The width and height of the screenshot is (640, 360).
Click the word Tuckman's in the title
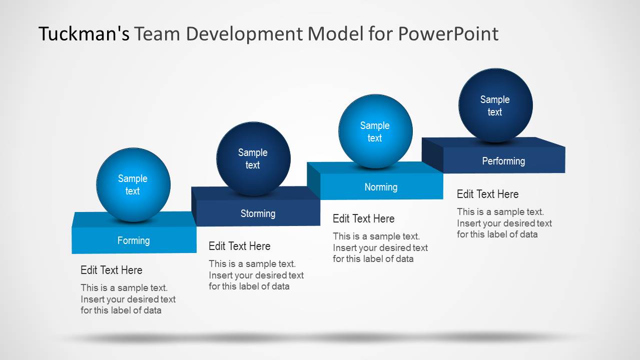click(84, 34)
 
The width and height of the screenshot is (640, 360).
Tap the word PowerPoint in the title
click(448, 34)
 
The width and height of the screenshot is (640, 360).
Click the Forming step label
click(134, 240)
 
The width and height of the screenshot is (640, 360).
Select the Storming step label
click(258, 213)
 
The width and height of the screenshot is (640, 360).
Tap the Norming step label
click(381, 187)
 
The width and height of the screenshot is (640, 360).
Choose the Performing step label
click(503, 161)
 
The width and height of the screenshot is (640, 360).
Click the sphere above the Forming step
click(133, 184)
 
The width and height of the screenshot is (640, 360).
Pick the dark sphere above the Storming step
click(253, 158)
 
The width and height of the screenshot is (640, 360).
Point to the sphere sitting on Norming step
click(375, 131)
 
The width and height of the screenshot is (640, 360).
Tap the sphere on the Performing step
click(495, 105)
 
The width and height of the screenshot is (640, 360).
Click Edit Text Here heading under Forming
click(112, 270)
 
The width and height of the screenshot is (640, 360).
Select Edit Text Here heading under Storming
click(239, 246)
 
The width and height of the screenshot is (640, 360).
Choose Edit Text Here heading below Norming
click(364, 218)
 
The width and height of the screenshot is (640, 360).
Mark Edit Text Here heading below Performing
click(488, 194)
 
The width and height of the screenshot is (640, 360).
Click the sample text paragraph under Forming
click(128, 299)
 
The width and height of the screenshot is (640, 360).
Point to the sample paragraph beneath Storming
click(256, 275)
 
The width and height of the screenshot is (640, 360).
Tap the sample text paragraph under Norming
click(380, 247)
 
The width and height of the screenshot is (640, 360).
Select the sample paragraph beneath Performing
click(504, 223)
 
